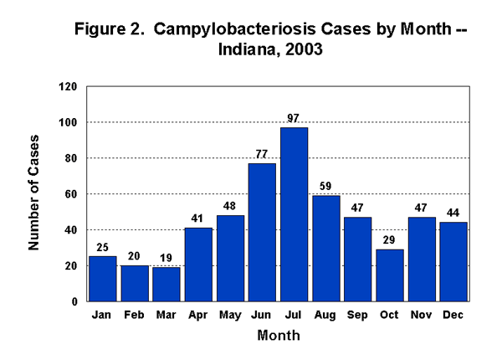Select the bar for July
(294, 214)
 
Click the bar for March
(166, 284)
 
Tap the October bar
(389, 275)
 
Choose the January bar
(103, 279)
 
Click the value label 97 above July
(294, 118)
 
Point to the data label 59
(325, 187)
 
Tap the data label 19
(166, 258)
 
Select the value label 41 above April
(198, 219)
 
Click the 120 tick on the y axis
(68, 87)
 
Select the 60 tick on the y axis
(71, 194)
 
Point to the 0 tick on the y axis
(74, 301)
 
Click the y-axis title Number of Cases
(34, 193)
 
